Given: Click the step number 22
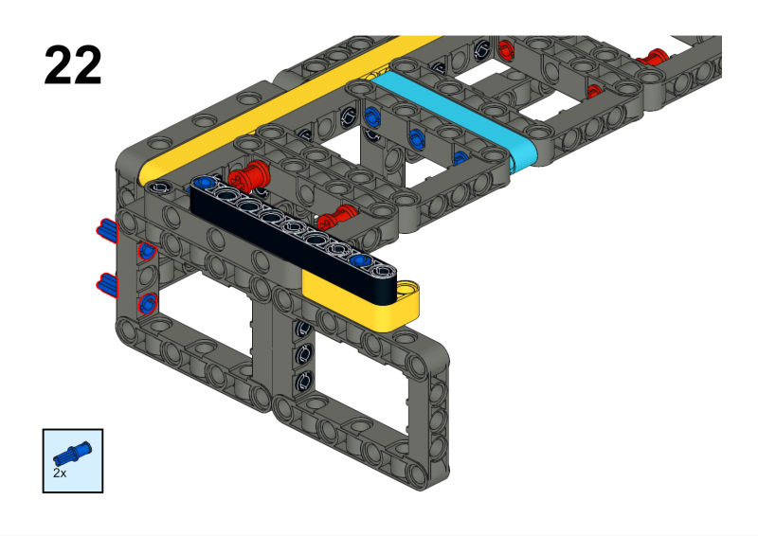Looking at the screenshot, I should [73, 64].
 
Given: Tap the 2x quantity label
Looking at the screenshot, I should [60, 472].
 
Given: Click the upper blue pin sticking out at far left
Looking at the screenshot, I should [106, 229].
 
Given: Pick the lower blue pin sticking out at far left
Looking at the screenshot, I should [107, 282].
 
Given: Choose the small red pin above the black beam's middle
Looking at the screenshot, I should [338, 217].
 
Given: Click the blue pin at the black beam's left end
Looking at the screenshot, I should [202, 183].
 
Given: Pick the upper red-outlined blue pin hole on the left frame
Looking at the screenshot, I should [147, 250].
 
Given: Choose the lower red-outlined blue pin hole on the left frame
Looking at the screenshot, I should [147, 303].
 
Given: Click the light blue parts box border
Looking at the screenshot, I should [44, 461].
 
